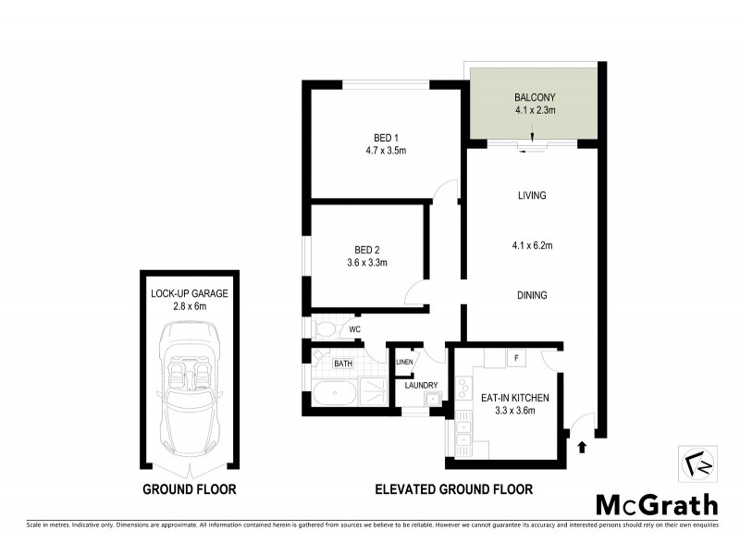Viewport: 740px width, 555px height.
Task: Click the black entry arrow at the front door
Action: tap(581, 449)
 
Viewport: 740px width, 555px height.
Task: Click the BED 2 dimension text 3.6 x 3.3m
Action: tap(361, 263)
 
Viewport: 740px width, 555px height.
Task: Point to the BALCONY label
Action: tap(533, 97)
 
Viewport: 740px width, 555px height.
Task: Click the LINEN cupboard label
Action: tap(405, 362)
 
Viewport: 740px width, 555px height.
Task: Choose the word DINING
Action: tap(532, 296)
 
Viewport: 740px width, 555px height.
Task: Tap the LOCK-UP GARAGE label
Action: tap(189, 293)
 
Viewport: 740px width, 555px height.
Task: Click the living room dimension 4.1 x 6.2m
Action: tap(532, 245)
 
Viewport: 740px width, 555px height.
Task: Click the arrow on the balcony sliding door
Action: tap(533, 140)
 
